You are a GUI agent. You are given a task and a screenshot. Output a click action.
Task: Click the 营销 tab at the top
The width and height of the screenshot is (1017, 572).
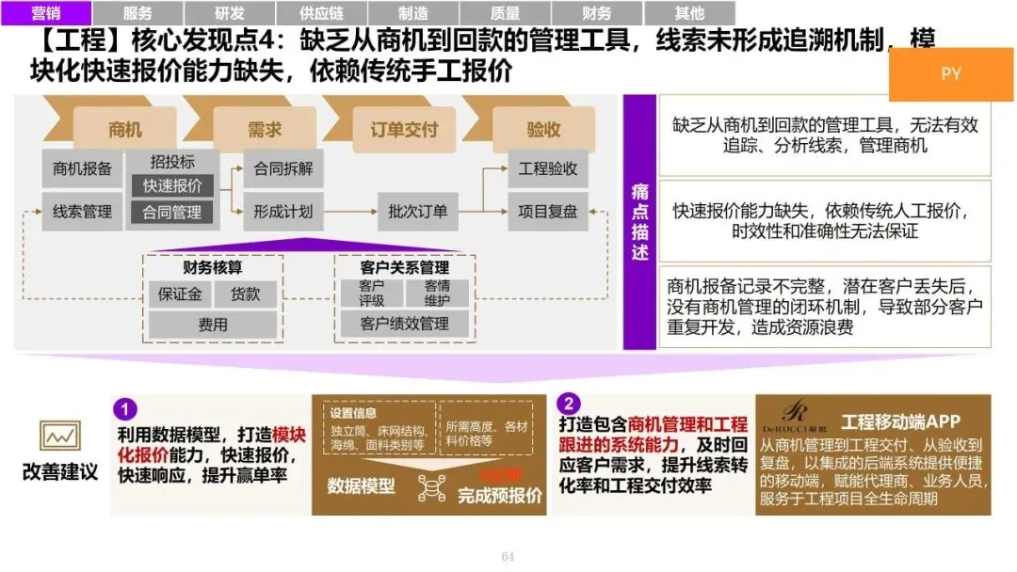[46, 13]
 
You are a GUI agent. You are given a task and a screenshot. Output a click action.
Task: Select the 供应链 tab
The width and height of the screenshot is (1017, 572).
[321, 13]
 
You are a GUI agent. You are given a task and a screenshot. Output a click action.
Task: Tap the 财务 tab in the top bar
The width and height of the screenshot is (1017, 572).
[597, 13]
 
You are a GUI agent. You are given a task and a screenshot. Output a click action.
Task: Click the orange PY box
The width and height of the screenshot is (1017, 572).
[951, 73]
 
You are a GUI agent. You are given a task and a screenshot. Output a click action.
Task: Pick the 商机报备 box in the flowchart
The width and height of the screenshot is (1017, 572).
[83, 168]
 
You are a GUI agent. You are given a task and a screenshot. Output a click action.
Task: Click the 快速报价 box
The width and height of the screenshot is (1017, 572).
[171, 185]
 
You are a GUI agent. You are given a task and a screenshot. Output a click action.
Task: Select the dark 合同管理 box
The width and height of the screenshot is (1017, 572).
[171, 213]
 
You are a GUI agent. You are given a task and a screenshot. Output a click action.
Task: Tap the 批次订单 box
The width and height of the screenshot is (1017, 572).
[418, 212]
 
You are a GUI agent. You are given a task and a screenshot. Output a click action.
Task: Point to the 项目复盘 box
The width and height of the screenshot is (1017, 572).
[548, 212]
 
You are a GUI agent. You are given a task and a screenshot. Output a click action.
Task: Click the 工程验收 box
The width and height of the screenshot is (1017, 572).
[548, 169]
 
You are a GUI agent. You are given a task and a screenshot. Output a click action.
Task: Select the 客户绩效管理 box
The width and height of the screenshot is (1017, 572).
[404, 324]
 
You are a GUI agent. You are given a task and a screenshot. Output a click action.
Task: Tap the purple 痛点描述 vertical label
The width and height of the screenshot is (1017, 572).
[639, 222]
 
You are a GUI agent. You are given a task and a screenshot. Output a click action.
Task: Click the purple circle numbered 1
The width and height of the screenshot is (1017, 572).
[125, 409]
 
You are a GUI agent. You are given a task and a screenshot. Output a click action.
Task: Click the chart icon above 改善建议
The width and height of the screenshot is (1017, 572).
[58, 436]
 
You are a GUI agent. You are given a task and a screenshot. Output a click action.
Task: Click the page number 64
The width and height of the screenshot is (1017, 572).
[508, 557]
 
